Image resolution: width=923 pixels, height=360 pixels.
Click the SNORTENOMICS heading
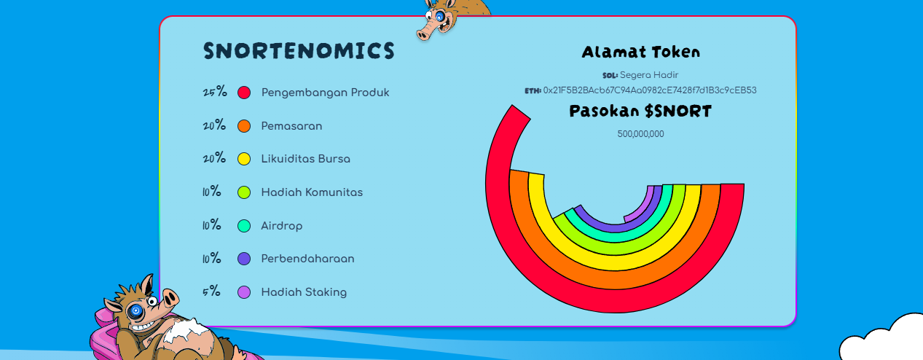pyautogui.click(x=299, y=51)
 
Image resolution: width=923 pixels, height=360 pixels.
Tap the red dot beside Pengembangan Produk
pyautogui.click(x=244, y=93)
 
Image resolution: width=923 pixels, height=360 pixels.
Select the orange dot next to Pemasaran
pyautogui.click(x=244, y=126)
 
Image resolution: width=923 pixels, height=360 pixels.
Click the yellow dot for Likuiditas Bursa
pyautogui.click(x=244, y=159)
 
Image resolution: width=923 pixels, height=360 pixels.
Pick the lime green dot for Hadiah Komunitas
pyautogui.click(x=244, y=192)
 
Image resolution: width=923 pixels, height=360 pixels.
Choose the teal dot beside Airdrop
pyautogui.click(x=244, y=226)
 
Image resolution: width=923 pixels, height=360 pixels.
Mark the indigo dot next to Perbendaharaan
pyautogui.click(x=244, y=259)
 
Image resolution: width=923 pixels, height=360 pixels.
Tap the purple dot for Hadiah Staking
pyautogui.click(x=244, y=292)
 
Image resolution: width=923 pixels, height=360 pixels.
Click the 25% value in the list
pyautogui.click(x=214, y=93)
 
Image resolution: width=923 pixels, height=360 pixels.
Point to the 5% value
pyautogui.click(x=211, y=292)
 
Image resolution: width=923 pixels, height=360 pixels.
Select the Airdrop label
pyautogui.click(x=281, y=226)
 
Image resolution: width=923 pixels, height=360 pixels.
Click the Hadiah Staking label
pyautogui.click(x=304, y=292)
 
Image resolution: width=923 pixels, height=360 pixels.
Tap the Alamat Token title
pyautogui.click(x=640, y=52)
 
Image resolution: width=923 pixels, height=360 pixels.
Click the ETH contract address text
pyautogui.click(x=650, y=90)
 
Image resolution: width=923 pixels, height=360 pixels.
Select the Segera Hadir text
pyautogui.click(x=649, y=75)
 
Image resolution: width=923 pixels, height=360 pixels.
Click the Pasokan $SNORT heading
pyautogui.click(x=640, y=111)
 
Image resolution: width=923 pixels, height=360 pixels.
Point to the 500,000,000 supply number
pyautogui.click(x=640, y=134)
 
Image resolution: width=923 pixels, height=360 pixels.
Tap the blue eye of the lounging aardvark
pyautogui.click(x=135, y=311)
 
